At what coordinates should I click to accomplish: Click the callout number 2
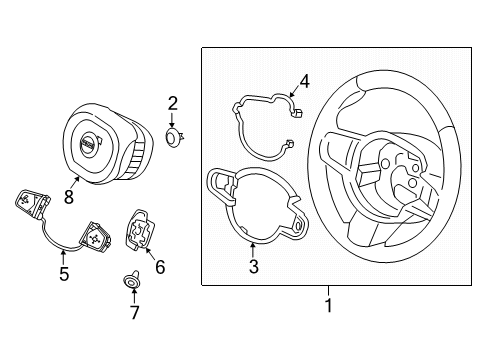tap(172, 102)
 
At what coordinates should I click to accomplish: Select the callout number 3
tap(254, 266)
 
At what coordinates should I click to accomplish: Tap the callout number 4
tap(306, 82)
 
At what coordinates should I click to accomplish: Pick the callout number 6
tap(159, 269)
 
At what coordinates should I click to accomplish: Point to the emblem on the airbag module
tap(90, 146)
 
